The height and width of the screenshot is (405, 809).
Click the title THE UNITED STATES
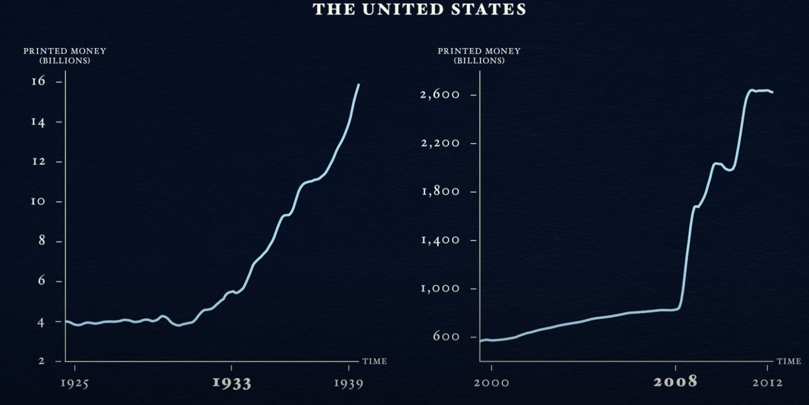pyautogui.click(x=419, y=10)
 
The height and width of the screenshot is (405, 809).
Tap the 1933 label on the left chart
pyautogui.click(x=232, y=383)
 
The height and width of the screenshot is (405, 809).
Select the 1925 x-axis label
pyautogui.click(x=74, y=383)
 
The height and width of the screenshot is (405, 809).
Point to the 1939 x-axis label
pyautogui.click(x=348, y=383)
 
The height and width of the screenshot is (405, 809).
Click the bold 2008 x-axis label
pyautogui.click(x=675, y=382)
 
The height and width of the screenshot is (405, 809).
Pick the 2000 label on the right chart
pyautogui.click(x=491, y=383)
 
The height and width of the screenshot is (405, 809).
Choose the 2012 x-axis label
pyautogui.click(x=767, y=383)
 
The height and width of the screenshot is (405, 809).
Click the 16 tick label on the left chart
pyautogui.click(x=38, y=81)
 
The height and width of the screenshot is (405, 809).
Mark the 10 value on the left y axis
pyautogui.click(x=38, y=202)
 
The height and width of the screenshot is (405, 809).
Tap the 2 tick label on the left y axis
pyautogui.click(x=42, y=361)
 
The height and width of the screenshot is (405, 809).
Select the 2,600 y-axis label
pyautogui.click(x=440, y=95)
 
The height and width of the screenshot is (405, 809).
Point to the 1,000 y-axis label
pyautogui.click(x=440, y=288)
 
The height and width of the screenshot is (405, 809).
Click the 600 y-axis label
pyautogui.click(x=446, y=336)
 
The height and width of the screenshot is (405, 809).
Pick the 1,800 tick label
pyautogui.click(x=440, y=191)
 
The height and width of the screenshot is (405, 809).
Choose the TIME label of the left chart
pyautogui.click(x=375, y=361)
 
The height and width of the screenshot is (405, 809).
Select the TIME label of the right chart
pyautogui.click(x=789, y=361)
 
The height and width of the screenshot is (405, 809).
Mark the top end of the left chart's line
pyautogui.click(x=358, y=85)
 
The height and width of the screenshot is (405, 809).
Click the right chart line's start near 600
pyautogui.click(x=481, y=341)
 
